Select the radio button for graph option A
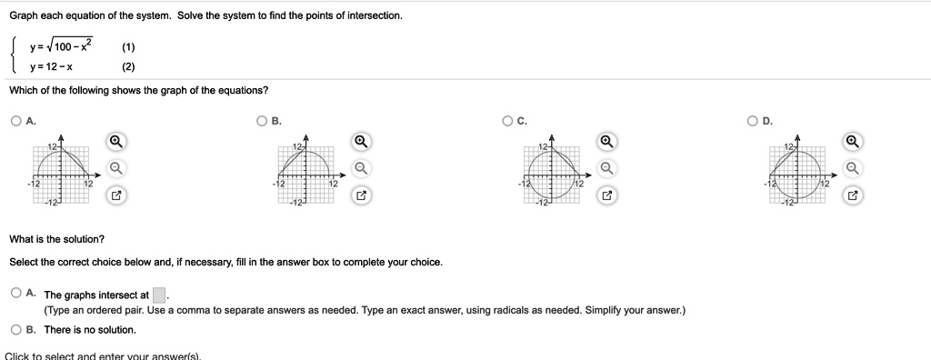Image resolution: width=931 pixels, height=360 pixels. click(17, 120)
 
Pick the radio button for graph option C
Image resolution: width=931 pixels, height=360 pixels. click(506, 120)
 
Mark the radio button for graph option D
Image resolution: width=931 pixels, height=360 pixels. click(752, 120)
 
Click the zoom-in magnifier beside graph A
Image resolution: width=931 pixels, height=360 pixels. click(115, 142)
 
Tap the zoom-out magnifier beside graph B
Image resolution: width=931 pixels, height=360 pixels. click(361, 168)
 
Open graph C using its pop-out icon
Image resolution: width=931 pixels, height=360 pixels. click(606, 195)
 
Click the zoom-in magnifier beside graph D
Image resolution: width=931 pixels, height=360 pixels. click(852, 142)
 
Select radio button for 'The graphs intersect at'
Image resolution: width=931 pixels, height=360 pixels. click(17, 294)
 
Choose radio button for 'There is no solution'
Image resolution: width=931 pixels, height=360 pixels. click(17, 329)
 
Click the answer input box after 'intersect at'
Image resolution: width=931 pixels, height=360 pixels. click(159, 295)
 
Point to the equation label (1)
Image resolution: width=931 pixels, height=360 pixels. click(128, 47)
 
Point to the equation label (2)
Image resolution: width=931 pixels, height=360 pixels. click(128, 66)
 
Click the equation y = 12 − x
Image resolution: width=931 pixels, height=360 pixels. click(52, 66)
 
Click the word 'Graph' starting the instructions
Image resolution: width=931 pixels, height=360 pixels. click(25, 16)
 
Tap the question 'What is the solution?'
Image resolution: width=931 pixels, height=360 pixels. click(56, 239)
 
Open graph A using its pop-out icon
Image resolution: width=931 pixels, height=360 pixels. click(115, 195)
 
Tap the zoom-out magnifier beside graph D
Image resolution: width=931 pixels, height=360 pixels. click(852, 168)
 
